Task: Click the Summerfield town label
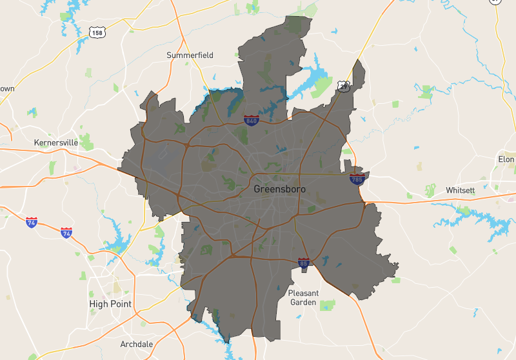pos(190,55)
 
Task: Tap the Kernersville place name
pos(55,142)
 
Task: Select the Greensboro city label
pos(279,189)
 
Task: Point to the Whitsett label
pos(460,190)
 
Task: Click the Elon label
pos(506,159)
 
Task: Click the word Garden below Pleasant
pos(303,302)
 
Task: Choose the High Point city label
pos(110,304)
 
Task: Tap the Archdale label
pos(137,344)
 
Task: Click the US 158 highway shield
pos(97,31)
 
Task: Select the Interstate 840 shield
pos(252,121)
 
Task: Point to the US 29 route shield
pos(344,86)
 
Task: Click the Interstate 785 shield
pos(357,178)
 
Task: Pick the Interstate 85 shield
pos(304,263)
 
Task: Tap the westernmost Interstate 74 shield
pos(32,223)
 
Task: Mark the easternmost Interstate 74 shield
pos(66,232)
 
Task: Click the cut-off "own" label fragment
pos(6,88)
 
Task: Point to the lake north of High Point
pos(116,242)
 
